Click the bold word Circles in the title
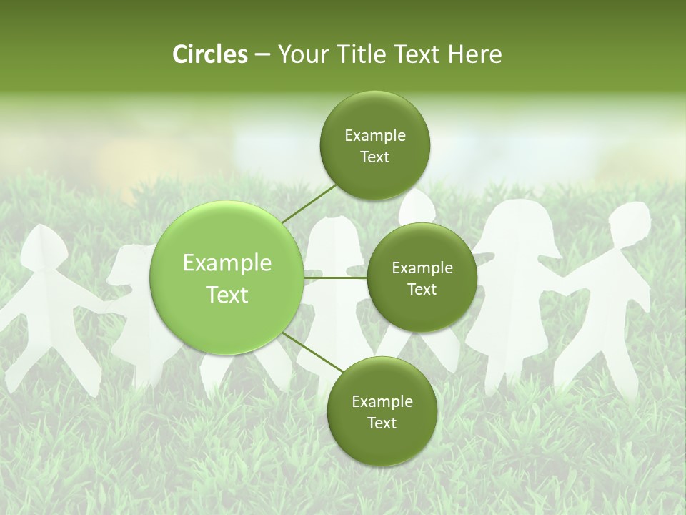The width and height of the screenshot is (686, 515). [x=209, y=54]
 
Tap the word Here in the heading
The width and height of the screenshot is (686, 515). [x=474, y=54]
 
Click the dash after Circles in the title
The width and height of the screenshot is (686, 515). [x=262, y=55]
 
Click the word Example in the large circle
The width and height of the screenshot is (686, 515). [x=227, y=263]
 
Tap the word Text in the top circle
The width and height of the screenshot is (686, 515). [x=374, y=157]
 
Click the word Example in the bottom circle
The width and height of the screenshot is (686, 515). [x=382, y=401]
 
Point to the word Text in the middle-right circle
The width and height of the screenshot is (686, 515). [x=422, y=290]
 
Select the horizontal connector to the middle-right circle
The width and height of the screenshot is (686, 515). [x=336, y=278]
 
